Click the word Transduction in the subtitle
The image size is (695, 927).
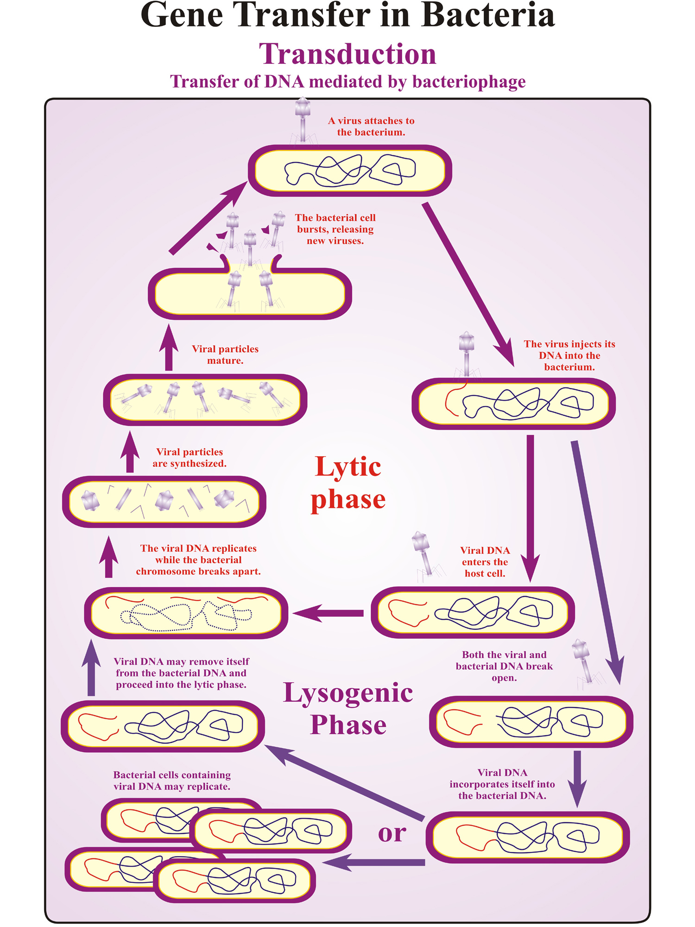347,54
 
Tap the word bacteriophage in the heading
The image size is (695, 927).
469,82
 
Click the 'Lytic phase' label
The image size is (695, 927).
348,483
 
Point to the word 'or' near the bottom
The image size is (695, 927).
392,833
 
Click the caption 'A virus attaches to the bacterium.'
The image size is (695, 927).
371,127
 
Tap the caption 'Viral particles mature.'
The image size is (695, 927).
225,355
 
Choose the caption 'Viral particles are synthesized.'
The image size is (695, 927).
190,457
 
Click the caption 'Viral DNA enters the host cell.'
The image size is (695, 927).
485,562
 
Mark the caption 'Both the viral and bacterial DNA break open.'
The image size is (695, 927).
504,666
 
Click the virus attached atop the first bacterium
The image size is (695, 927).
303,118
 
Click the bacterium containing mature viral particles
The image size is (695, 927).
205,400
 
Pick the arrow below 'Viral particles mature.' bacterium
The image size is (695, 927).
130,452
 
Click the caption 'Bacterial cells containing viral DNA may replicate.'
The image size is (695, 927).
172,781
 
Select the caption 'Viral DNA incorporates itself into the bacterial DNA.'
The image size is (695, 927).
502,784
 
